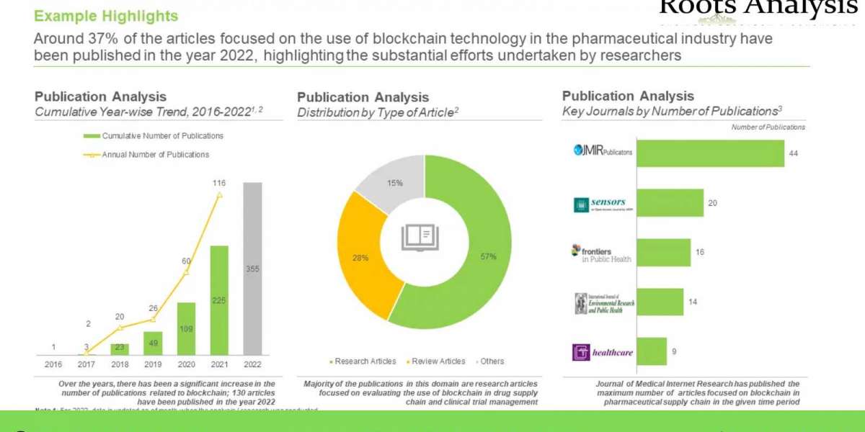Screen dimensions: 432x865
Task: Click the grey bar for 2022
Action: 252,269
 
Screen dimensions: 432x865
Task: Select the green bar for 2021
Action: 219,300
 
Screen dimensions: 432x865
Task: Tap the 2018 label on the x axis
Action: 120,364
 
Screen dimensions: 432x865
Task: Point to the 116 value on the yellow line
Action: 219,184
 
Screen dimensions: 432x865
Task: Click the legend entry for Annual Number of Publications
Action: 154,154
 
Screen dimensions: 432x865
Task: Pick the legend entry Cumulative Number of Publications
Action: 161,136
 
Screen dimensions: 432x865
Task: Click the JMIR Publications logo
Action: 603,150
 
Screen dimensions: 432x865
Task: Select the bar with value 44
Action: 710,153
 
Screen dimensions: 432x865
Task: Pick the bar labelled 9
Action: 652,351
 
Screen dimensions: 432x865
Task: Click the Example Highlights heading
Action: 106,16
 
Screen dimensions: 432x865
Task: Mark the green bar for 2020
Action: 186,328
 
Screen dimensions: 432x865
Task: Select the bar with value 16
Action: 663,253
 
